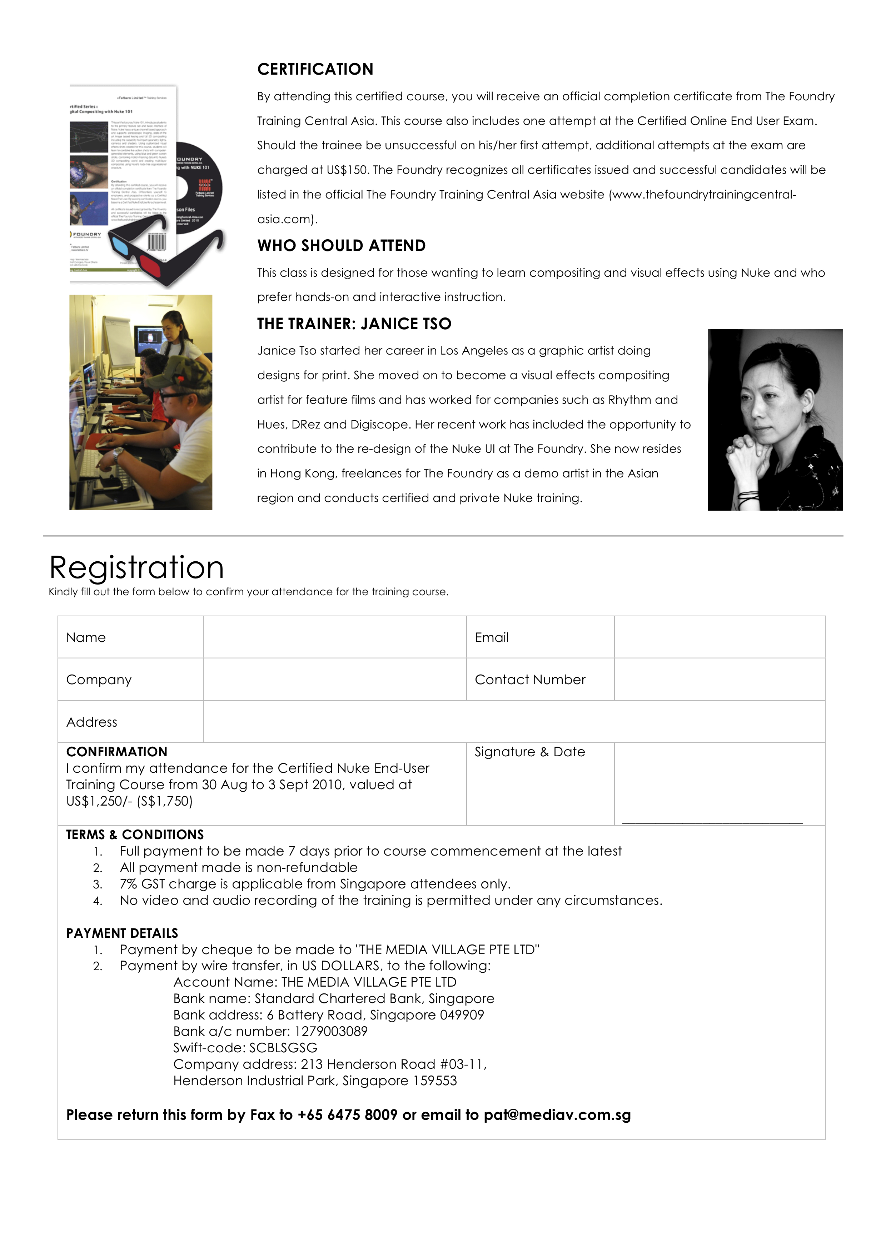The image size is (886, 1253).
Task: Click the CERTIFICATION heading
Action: click(x=315, y=69)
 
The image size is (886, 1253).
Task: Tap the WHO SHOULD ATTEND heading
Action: click(x=341, y=246)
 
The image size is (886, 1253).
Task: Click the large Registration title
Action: click(x=136, y=567)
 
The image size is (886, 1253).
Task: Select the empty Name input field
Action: click(x=334, y=637)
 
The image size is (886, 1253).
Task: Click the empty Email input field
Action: click(x=719, y=637)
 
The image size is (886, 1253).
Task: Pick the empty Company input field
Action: click(x=334, y=680)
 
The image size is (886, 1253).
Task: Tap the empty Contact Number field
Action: click(x=719, y=680)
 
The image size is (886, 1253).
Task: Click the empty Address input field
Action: click(x=513, y=721)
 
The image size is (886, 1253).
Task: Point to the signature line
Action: click(x=712, y=821)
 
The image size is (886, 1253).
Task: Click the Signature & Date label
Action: click(x=529, y=752)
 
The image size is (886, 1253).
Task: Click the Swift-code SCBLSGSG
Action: click(x=283, y=1048)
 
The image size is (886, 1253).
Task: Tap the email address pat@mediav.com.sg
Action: click(x=557, y=1115)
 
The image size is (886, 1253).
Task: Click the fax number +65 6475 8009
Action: click(x=347, y=1115)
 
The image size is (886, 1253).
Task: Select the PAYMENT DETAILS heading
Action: click(x=122, y=933)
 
